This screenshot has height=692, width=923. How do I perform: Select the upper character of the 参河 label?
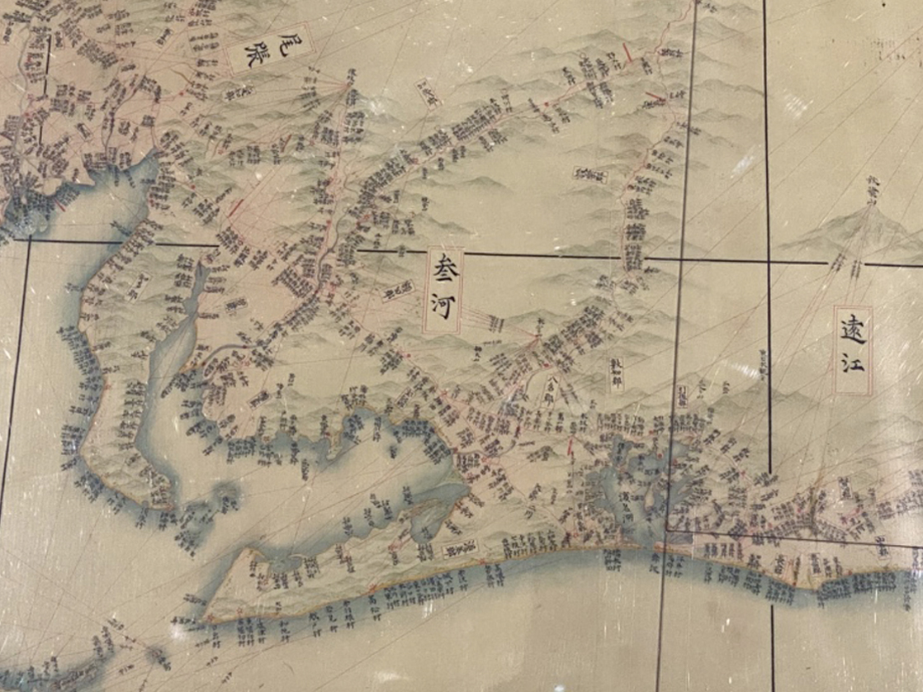pyautogui.click(x=443, y=269)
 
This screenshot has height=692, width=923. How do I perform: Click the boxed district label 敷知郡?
pyautogui.click(x=617, y=367)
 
